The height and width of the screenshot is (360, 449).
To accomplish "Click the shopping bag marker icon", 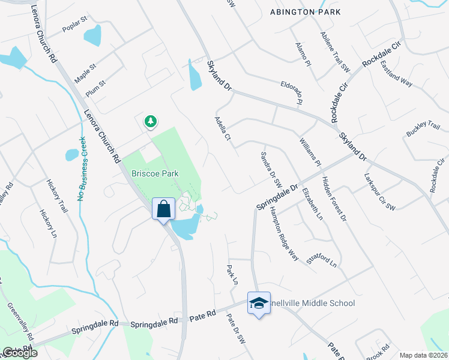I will [163, 209].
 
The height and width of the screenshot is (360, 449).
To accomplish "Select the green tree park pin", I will [150, 122].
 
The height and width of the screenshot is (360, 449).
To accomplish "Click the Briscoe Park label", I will [155, 173].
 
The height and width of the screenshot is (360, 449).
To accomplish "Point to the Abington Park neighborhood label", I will [305, 11].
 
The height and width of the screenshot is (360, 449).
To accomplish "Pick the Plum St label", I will [95, 88].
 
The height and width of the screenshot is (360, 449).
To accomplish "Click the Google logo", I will [20, 353].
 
